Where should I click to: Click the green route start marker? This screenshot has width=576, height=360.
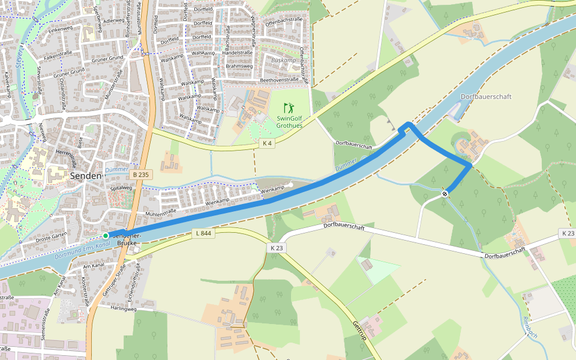(106, 236)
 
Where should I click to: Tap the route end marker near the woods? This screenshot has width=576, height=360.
(445, 193)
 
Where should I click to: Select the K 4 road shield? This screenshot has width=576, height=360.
(267, 143)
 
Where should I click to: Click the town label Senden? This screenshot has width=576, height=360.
(86, 176)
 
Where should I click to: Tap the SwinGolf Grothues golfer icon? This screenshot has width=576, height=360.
(290, 109)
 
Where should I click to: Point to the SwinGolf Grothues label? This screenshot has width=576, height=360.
(290, 122)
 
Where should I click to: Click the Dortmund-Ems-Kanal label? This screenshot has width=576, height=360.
(81, 247)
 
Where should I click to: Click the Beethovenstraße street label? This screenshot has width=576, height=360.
(279, 80)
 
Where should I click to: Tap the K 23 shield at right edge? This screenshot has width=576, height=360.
(567, 233)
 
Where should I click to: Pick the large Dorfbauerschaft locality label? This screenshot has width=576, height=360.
(486, 97)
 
